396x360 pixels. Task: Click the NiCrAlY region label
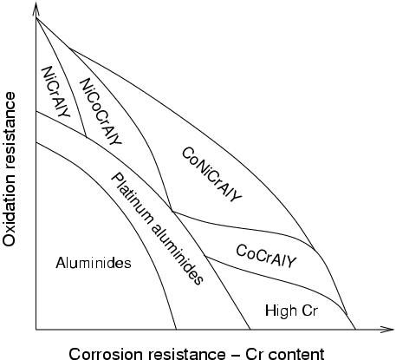click(x=55, y=92)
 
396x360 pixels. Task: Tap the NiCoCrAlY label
click(x=101, y=111)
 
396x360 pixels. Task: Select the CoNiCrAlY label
click(x=211, y=174)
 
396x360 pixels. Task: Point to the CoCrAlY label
click(x=266, y=256)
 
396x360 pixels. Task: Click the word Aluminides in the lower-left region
click(x=94, y=263)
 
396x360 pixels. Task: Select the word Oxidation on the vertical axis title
click(x=9, y=213)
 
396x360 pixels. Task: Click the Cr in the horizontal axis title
click(x=254, y=354)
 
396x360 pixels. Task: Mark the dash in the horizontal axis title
click(x=235, y=355)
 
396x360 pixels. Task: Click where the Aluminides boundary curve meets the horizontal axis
click(x=176, y=330)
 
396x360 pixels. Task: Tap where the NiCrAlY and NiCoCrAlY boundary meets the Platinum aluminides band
click(x=86, y=136)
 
